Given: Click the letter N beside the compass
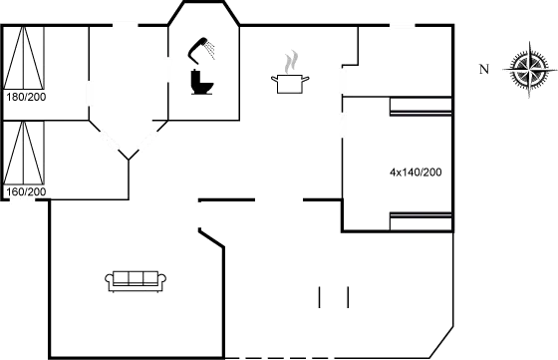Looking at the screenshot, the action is pos(483,69).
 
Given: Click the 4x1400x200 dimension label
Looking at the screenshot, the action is pos(416,173).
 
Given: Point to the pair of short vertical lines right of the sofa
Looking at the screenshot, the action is pos(333,297).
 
